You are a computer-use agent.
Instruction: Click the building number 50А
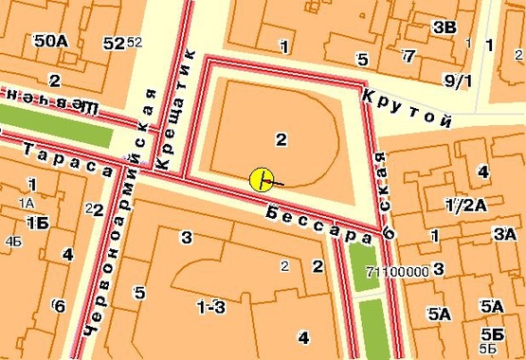(x=49, y=43)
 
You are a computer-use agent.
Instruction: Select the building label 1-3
(x=210, y=306)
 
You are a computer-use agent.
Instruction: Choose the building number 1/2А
(x=466, y=205)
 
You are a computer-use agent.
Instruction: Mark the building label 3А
(x=503, y=234)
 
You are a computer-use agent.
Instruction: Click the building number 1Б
(x=37, y=223)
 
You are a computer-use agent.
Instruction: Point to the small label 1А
(x=26, y=203)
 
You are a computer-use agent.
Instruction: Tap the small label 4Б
(x=13, y=242)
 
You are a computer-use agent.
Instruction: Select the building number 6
(x=59, y=305)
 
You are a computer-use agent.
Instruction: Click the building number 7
(x=408, y=55)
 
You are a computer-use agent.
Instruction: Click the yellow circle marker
(x=262, y=179)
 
